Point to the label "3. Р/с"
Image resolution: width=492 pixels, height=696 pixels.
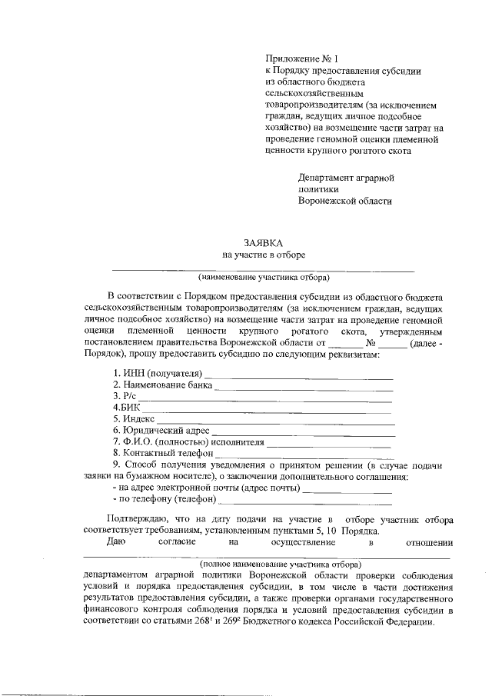click(x=125, y=395)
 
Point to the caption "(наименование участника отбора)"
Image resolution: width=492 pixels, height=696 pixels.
click(x=263, y=277)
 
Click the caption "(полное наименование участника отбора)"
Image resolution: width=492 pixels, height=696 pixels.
click(x=264, y=564)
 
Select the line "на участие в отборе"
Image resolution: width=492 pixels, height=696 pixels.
click(x=264, y=255)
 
